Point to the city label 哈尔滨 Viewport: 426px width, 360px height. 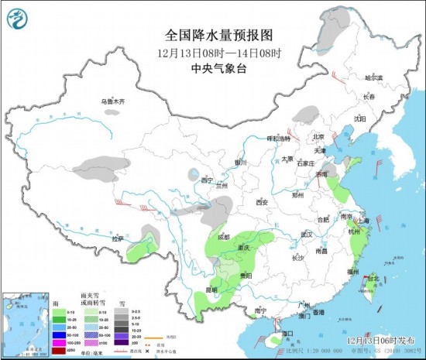(374, 77)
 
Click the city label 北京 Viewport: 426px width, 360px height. (316, 136)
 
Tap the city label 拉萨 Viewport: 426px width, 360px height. (117, 239)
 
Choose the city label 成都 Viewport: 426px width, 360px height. (224, 237)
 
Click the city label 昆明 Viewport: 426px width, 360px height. (201, 290)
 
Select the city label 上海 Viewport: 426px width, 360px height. (365, 221)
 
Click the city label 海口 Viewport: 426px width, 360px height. (288, 333)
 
